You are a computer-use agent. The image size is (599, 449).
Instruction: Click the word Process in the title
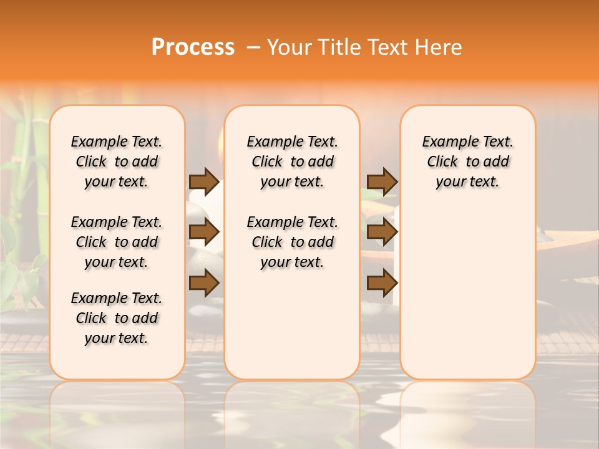tap(193, 47)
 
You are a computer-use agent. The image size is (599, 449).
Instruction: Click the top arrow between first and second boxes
tap(204, 181)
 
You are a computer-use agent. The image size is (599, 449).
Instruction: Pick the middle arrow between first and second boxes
tap(204, 233)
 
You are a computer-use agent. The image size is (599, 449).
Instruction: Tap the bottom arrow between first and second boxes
tap(204, 282)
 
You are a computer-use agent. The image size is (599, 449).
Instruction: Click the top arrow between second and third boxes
tap(382, 181)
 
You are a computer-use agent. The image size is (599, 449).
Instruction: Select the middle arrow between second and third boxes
tap(382, 233)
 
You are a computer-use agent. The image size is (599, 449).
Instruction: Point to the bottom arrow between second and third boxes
tap(382, 282)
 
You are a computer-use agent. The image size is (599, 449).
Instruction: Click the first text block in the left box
tap(117, 162)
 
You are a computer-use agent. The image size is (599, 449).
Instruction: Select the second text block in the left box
tap(117, 242)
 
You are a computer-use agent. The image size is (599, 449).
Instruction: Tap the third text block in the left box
tap(117, 318)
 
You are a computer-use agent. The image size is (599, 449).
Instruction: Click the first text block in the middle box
tap(293, 162)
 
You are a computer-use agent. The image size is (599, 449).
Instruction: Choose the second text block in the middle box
tap(293, 242)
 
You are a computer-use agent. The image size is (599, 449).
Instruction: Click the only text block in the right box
tap(468, 162)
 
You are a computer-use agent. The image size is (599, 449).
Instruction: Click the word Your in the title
tap(289, 47)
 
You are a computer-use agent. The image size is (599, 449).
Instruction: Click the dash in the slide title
tap(251, 47)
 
